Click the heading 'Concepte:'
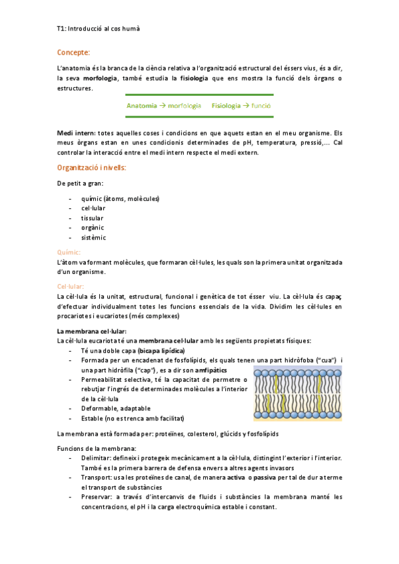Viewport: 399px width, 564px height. point(73,52)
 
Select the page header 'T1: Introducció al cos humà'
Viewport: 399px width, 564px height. point(98,29)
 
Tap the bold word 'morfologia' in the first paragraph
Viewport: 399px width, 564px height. point(100,78)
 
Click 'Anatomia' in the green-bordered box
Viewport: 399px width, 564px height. point(141,105)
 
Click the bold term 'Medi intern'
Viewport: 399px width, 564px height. point(76,134)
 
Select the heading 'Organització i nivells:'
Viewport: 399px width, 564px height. point(91,167)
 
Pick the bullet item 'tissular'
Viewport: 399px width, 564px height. point(93,217)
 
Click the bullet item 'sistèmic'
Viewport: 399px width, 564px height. point(93,237)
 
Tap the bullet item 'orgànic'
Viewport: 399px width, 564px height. point(93,227)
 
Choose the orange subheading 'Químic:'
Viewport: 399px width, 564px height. point(69,252)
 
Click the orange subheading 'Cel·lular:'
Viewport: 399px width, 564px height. point(71,285)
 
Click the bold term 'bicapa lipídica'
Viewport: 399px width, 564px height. point(161,351)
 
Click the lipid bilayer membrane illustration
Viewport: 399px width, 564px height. point(298,392)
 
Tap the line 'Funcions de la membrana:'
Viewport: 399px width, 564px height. point(97,448)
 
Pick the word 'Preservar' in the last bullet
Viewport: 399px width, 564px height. point(96,496)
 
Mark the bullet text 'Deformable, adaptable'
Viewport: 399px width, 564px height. point(115,408)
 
